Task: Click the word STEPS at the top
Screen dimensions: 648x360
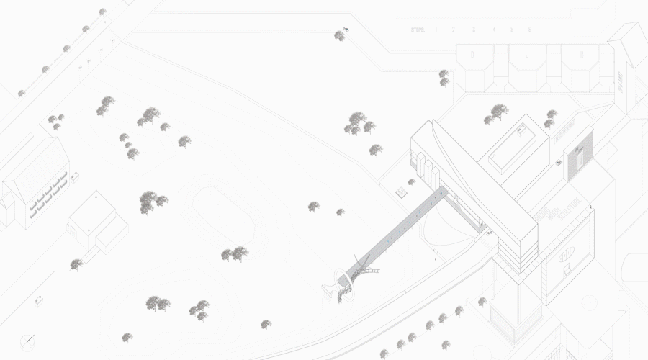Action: pyautogui.click(x=418, y=30)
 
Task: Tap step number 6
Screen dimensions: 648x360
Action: pyautogui.click(x=530, y=30)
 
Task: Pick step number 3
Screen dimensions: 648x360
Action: pyautogui.click(x=474, y=30)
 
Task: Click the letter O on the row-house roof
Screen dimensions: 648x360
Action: pyautogui.click(x=472, y=54)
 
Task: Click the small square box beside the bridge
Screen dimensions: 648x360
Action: pyautogui.click(x=401, y=192)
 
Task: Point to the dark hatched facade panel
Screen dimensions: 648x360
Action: pyautogui.click(x=578, y=153)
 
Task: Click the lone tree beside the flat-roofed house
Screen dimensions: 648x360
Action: pyautogui.click(x=76, y=264)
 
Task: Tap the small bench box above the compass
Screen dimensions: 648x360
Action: pyautogui.click(x=40, y=299)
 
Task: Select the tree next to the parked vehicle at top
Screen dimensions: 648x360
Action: pyautogui.click(x=339, y=35)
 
